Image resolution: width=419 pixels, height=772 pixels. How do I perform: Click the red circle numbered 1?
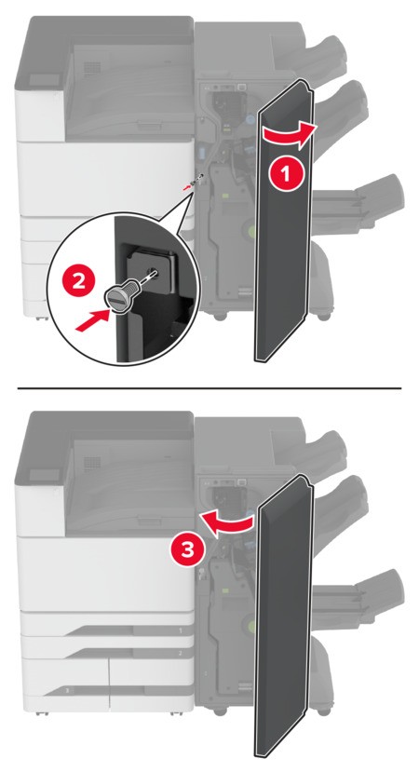[286, 172]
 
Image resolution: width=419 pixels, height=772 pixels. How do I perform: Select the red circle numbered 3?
[187, 550]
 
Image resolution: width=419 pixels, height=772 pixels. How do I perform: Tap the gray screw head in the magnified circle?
[117, 297]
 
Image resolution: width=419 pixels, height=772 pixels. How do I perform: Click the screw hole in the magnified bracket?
[153, 271]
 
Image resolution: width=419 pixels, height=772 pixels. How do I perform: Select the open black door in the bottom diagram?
[285, 616]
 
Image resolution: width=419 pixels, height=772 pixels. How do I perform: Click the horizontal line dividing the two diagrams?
[209, 388]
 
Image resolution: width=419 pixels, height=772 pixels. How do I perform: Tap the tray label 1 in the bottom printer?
[181, 630]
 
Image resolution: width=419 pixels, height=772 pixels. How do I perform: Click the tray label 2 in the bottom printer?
[181, 653]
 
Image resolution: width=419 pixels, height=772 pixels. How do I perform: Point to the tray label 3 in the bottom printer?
[68, 690]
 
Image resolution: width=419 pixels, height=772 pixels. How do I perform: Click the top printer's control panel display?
[45, 79]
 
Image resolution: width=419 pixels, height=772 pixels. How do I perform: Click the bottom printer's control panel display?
[45, 474]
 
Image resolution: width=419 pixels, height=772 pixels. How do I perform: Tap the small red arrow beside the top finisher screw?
[188, 187]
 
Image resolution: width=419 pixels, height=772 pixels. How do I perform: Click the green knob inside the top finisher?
[252, 230]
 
